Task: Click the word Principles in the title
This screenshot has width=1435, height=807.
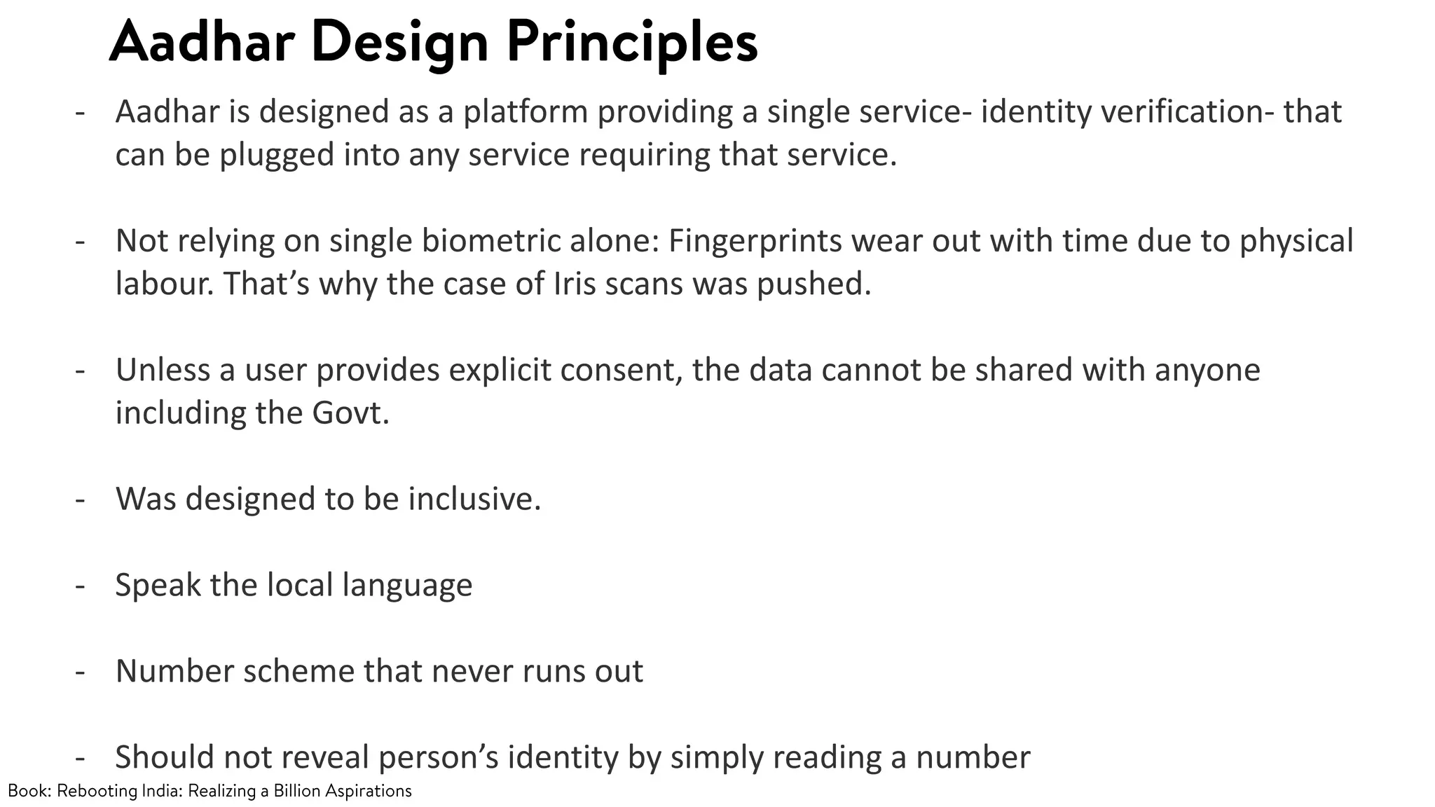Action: (632, 43)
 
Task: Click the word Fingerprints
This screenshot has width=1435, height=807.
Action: (755, 241)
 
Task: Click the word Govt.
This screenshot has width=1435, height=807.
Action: (350, 413)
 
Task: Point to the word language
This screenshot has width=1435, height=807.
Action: (407, 586)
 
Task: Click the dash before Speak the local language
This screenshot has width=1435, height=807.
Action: (80, 585)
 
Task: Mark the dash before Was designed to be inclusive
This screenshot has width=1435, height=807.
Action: (80, 499)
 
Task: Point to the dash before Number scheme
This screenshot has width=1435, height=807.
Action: (80, 671)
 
